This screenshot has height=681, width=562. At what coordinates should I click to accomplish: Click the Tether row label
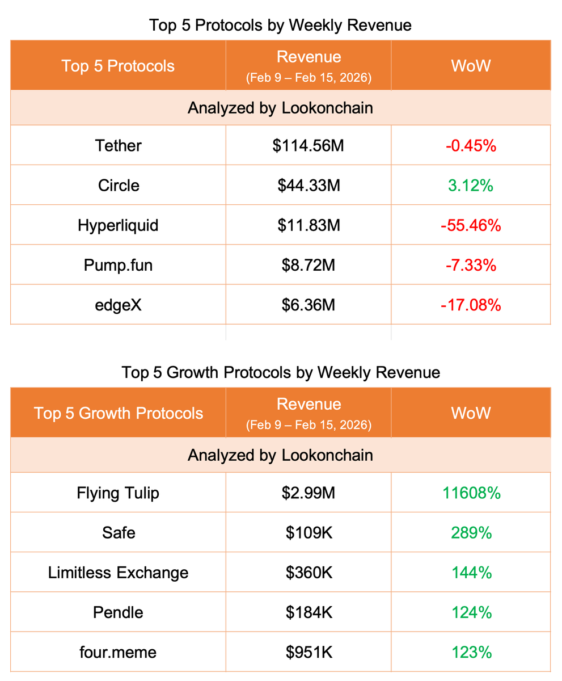pyautogui.click(x=119, y=146)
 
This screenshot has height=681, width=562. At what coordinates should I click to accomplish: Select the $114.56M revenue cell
pyautogui.click(x=309, y=146)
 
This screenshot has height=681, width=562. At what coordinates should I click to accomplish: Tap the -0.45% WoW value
pyautogui.click(x=471, y=146)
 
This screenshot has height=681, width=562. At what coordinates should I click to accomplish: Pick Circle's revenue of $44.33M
pyautogui.click(x=309, y=186)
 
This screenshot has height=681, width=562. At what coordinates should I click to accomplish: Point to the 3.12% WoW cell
pyautogui.click(x=471, y=186)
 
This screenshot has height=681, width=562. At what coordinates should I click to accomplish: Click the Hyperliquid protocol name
pyautogui.click(x=119, y=225)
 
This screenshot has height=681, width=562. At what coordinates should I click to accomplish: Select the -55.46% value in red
pyautogui.click(x=471, y=225)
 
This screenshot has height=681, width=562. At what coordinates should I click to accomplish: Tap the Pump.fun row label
pyautogui.click(x=119, y=265)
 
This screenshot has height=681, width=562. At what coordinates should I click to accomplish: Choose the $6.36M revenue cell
pyautogui.click(x=309, y=305)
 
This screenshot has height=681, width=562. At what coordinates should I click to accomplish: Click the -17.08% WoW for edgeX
pyautogui.click(x=471, y=305)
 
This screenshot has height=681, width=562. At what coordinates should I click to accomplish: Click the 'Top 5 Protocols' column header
pyautogui.click(x=118, y=66)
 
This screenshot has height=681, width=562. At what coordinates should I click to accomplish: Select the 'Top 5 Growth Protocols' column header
pyautogui.click(x=119, y=413)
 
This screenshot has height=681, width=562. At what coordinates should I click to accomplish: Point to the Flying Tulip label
pyautogui.click(x=119, y=493)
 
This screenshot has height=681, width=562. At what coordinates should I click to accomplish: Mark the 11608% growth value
pyautogui.click(x=471, y=493)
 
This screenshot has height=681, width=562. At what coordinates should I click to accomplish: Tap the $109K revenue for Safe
pyautogui.click(x=309, y=533)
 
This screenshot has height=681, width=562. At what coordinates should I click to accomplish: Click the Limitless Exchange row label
pyautogui.click(x=119, y=573)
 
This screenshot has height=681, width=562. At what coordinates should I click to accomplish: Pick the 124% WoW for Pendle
pyautogui.click(x=471, y=612)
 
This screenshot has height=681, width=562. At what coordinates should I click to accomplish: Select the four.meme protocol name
pyautogui.click(x=119, y=652)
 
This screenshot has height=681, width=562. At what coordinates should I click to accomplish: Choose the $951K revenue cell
pyautogui.click(x=309, y=652)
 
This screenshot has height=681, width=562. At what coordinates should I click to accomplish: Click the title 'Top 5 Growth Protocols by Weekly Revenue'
pyautogui.click(x=281, y=373)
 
